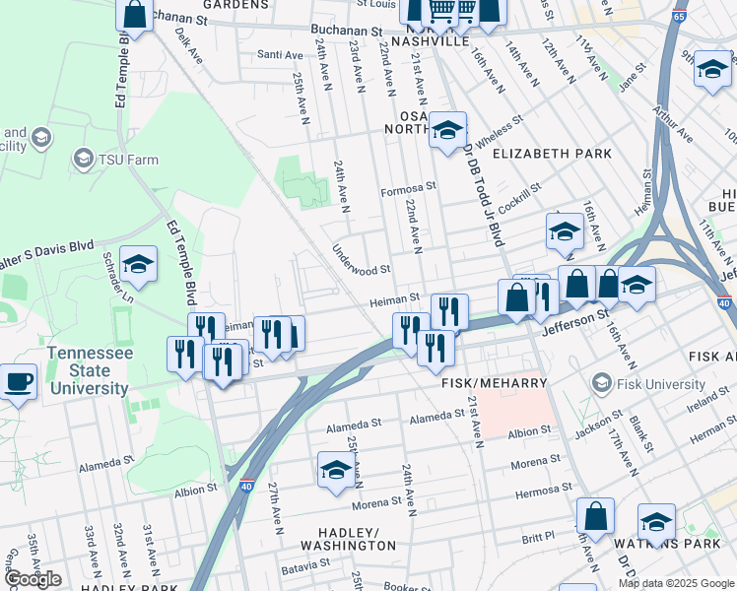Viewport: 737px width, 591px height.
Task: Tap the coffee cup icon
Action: (19, 380)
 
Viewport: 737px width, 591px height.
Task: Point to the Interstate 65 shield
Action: (679, 44)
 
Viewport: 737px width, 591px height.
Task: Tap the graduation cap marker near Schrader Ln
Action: (139, 264)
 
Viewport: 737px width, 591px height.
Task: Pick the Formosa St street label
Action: (409, 186)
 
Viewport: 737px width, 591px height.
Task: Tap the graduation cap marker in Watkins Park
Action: (656, 522)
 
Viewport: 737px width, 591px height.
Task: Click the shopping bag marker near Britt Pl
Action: (595, 515)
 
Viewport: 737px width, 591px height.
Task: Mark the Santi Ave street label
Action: (279, 54)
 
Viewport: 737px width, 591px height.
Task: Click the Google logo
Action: (33, 578)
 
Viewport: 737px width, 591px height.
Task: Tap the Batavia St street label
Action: (305, 567)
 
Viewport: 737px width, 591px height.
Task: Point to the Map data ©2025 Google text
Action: (676, 583)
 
